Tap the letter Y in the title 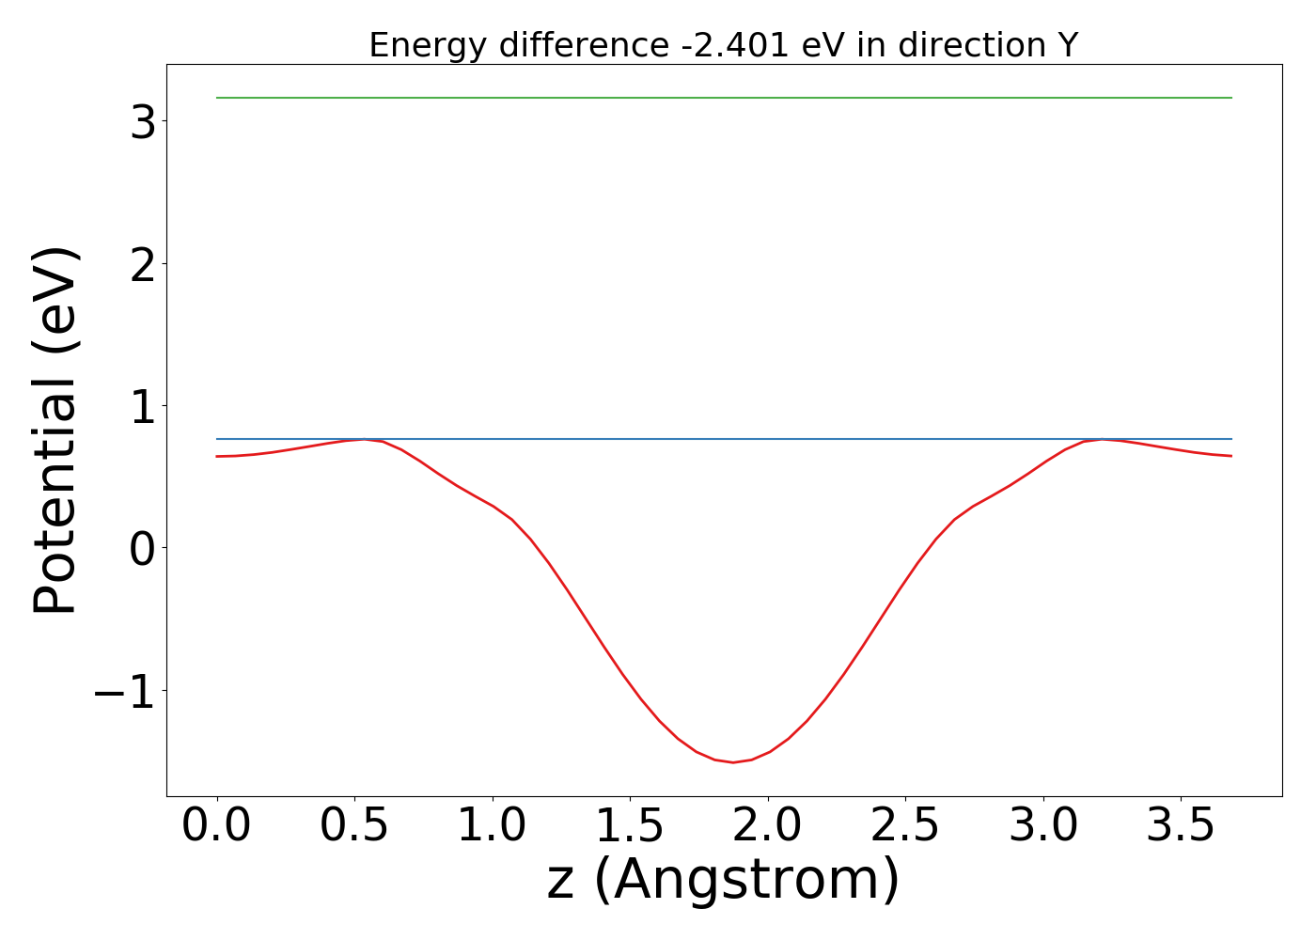[1066, 45]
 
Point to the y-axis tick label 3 [143, 121]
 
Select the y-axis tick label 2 [143, 263]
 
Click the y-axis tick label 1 [143, 406]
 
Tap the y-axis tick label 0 [143, 548]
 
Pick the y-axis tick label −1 [124, 691]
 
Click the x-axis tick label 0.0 [216, 826]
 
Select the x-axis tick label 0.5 [354, 826]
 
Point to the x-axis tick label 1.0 [493, 826]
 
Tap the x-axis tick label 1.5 [630, 826]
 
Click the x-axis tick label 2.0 [768, 826]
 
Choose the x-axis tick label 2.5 [905, 826]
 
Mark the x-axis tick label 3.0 [1043, 826]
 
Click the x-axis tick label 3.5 [1182, 826]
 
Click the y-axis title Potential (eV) [55, 431]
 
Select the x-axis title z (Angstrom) [724, 881]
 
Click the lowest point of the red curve [733, 762]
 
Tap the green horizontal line [724, 98]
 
